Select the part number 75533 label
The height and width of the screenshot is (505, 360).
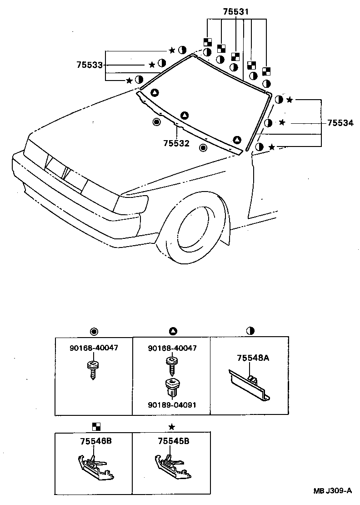pyautogui.click(x=89, y=66)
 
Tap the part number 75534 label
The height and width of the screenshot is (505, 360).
pyautogui.click(x=340, y=123)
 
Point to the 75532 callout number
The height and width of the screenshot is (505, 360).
pyautogui.click(x=176, y=143)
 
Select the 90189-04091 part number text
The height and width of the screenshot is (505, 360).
pyautogui.click(x=172, y=404)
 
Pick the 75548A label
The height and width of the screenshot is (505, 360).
pyautogui.click(x=253, y=358)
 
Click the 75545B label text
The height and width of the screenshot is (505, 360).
pyautogui.click(x=174, y=441)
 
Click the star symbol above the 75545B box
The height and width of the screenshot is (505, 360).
pyautogui.click(x=171, y=427)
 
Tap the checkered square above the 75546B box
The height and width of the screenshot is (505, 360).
pyautogui.click(x=96, y=427)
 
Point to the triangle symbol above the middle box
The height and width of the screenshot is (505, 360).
pyautogui.click(x=173, y=331)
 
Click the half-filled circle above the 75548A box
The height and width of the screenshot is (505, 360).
pyautogui.click(x=250, y=331)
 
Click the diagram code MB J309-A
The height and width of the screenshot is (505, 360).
pyautogui.click(x=332, y=491)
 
